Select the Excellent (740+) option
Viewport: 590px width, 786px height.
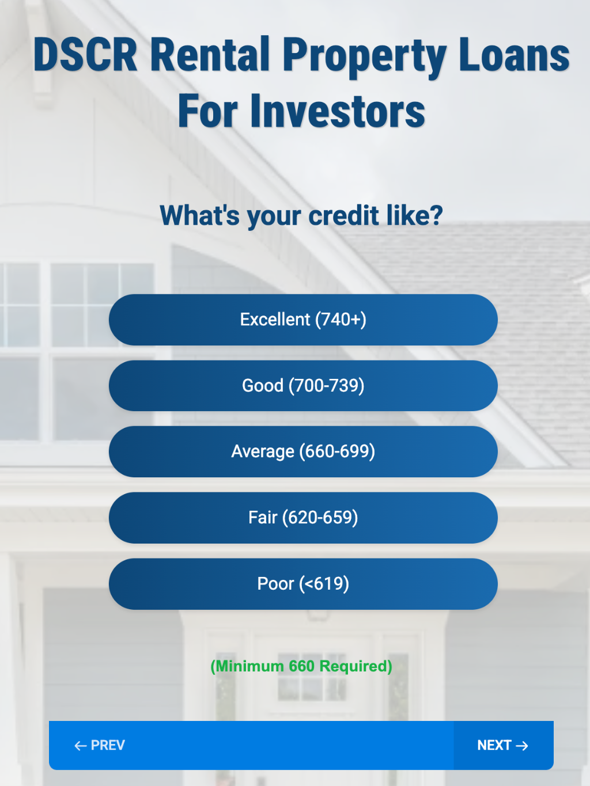pyautogui.click(x=303, y=320)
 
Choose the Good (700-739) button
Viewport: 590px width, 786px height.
pyautogui.click(x=303, y=386)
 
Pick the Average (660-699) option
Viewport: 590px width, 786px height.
pyautogui.click(x=303, y=451)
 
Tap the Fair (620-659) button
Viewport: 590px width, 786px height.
pyautogui.click(x=303, y=518)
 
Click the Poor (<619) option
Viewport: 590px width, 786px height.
pyautogui.click(x=303, y=584)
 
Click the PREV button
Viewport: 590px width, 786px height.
pyautogui.click(x=100, y=745)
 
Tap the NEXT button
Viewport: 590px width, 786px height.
pyautogui.click(x=503, y=745)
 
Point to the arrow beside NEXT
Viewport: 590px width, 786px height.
pyautogui.click(x=522, y=746)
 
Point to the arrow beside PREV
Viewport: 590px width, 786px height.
pyautogui.click(x=81, y=746)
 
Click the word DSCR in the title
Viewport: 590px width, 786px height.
pyautogui.click(x=85, y=55)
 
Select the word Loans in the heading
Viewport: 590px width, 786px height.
pyautogui.click(x=515, y=55)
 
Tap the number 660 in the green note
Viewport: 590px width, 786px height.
pyautogui.click(x=302, y=666)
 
